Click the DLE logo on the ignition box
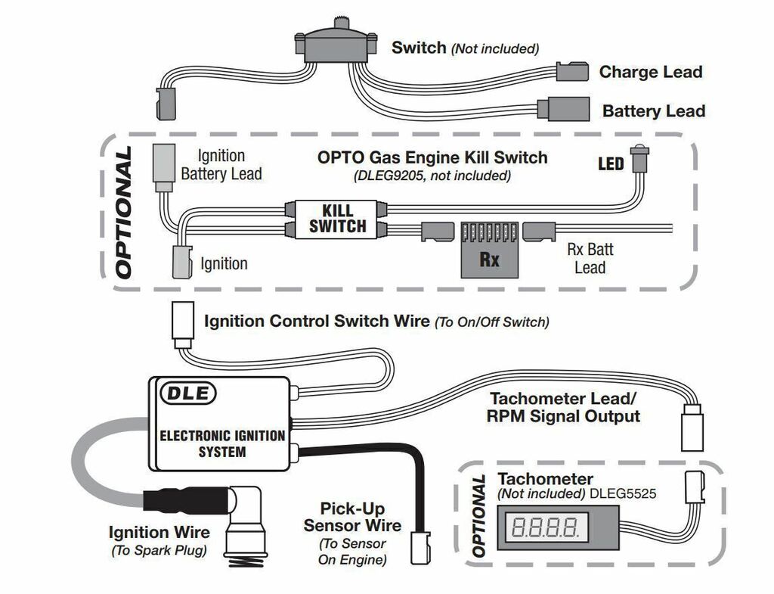[x=188, y=393]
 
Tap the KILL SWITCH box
[x=337, y=219]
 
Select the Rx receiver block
[x=490, y=250]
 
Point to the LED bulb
[x=639, y=159]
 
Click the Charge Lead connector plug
[x=572, y=72]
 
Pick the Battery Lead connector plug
[x=564, y=109]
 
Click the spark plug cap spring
[x=246, y=561]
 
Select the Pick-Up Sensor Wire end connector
[x=420, y=549]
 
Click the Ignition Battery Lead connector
[x=164, y=167]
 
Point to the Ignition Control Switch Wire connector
[x=183, y=327]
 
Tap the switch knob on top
[x=339, y=23]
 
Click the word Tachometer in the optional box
[x=546, y=479]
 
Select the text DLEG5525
[x=623, y=493]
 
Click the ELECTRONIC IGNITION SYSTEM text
[x=222, y=443]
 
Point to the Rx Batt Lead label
[x=590, y=259]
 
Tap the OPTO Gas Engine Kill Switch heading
[x=432, y=157]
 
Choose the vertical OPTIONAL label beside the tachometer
[x=478, y=516]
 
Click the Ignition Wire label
[x=159, y=533]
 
